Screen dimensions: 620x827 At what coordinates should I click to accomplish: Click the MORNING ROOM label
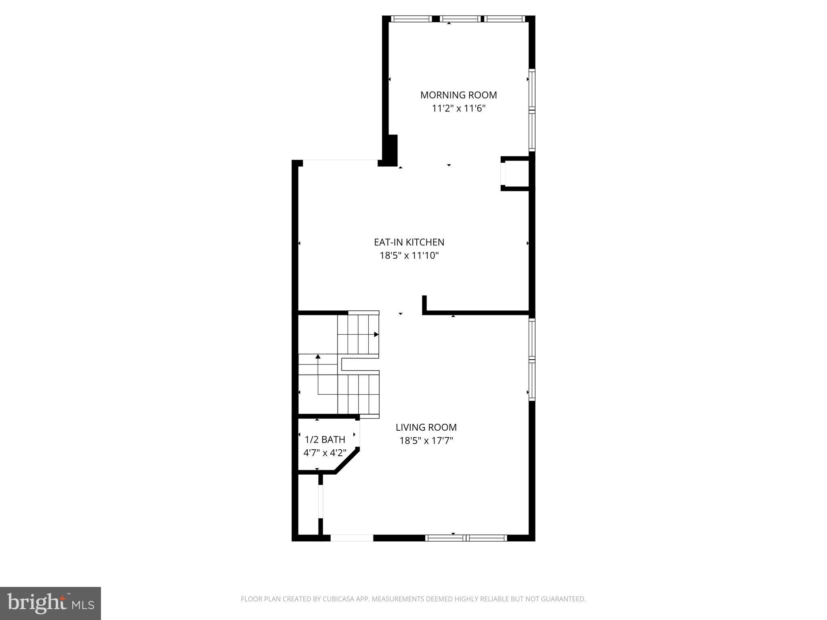pos(458,95)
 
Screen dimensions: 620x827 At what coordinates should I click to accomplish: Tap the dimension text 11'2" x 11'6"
pos(458,108)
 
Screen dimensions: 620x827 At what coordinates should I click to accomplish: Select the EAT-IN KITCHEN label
pos(409,242)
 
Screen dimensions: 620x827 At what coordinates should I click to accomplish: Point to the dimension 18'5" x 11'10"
pos(409,256)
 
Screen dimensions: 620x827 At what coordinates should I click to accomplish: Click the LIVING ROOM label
pos(426,427)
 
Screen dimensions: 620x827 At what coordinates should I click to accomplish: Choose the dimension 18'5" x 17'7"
pos(426,440)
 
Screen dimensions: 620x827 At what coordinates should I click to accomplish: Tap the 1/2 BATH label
pos(325,439)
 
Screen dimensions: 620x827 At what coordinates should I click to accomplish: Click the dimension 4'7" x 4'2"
pos(325,452)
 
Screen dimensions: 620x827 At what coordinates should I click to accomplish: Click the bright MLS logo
pos(50,603)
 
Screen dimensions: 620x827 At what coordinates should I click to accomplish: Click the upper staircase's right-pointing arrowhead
pos(376,334)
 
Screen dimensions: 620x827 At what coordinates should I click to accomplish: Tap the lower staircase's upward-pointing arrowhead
pos(318,356)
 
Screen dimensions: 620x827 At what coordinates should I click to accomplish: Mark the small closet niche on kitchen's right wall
pos(515,174)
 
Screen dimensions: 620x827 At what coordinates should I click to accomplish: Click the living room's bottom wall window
pos(466,538)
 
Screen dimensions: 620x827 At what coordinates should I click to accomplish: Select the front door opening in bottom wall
pos(352,538)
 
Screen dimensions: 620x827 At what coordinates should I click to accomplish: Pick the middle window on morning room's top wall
pos(460,19)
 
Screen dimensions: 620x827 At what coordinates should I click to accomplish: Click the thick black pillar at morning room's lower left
pos(390,150)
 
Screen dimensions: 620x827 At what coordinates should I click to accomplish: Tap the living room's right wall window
pos(532,359)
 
